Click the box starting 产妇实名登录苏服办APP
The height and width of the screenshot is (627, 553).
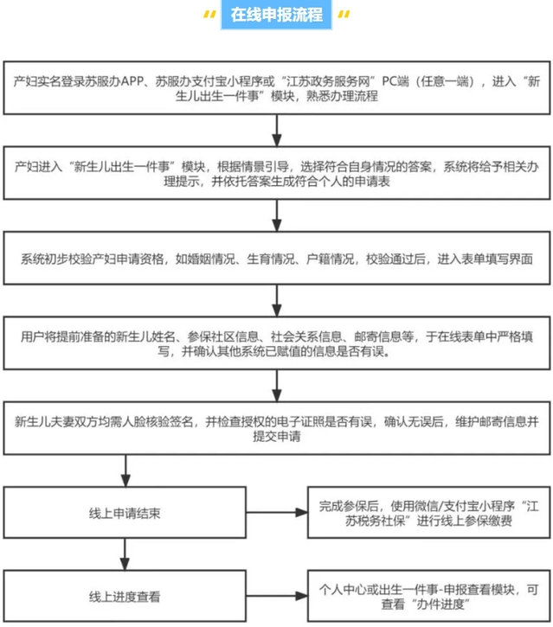coord(276,89)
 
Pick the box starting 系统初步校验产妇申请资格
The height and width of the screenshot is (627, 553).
coord(276,258)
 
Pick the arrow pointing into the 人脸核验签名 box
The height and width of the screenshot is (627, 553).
coord(276,388)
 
